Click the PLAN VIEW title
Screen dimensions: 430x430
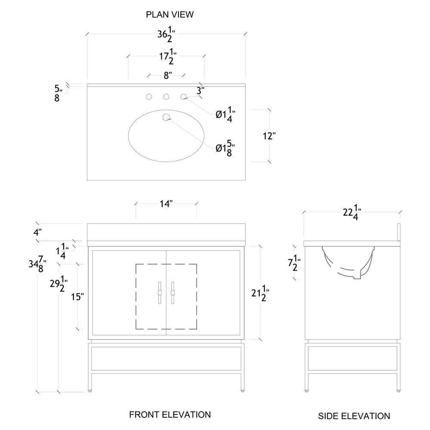click(170, 15)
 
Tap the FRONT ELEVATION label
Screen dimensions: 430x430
click(170, 415)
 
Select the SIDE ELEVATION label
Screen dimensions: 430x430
click(354, 416)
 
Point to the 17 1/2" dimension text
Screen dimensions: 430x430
click(166, 57)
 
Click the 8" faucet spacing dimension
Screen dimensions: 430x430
click(167, 76)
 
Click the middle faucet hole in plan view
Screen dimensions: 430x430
click(166, 97)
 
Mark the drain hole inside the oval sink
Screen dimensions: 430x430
click(166, 117)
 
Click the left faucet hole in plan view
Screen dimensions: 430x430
click(149, 97)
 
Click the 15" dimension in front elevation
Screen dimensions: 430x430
click(77, 297)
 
